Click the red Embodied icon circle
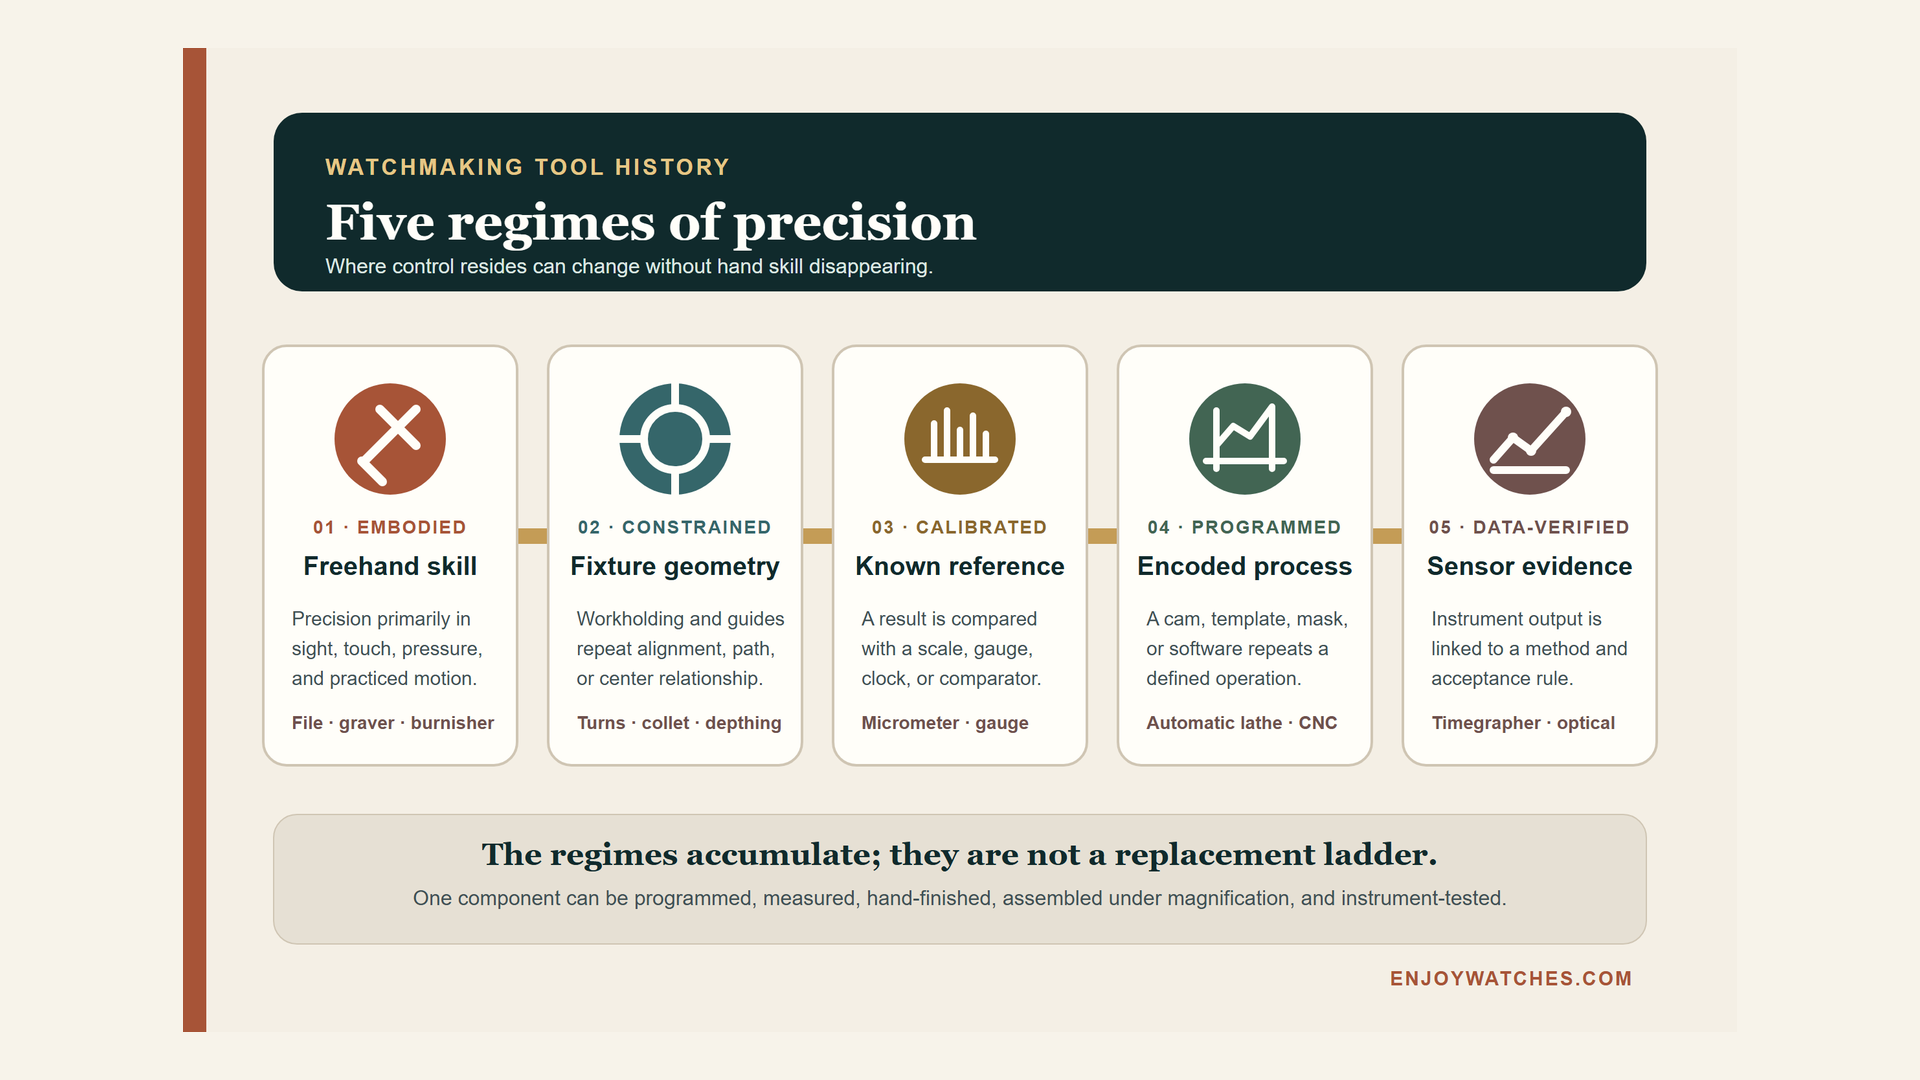pos(390,439)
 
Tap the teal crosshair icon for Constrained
pos(675,439)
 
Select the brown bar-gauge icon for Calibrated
pos(960,439)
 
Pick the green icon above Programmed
pos(1245,439)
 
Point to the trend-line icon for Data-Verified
pos(1530,439)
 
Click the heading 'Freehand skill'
pos(390,566)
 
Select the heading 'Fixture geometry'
pos(675,566)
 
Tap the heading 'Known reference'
pos(960,566)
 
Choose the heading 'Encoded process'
pos(1245,566)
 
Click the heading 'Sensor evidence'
pos(1530,566)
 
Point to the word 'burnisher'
pos(452,723)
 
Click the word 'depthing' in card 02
pos(743,723)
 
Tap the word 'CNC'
pos(1318,723)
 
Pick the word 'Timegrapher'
pos(1486,723)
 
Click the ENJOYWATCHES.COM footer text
pos(1511,979)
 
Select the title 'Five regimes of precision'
pos(651,222)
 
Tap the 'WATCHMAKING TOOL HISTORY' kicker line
pos(528,167)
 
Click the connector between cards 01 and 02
pos(533,536)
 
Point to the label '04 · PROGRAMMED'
pos(1245,527)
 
